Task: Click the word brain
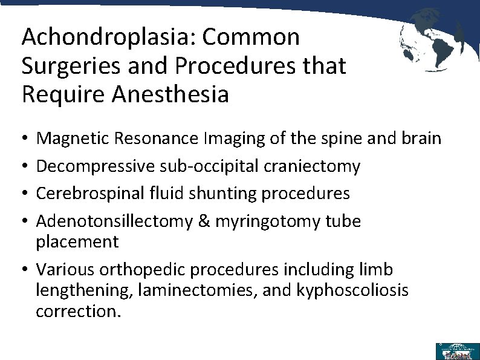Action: click(x=421, y=139)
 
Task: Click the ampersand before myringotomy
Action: click(x=204, y=221)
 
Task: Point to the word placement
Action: click(x=77, y=242)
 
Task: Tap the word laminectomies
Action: click(x=190, y=290)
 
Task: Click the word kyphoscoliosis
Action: click(x=352, y=290)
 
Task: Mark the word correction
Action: click(x=78, y=312)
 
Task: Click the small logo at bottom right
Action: click(x=458, y=351)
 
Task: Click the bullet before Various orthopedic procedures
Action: click(x=27, y=270)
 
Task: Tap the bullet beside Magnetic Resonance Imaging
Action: click(x=27, y=139)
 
